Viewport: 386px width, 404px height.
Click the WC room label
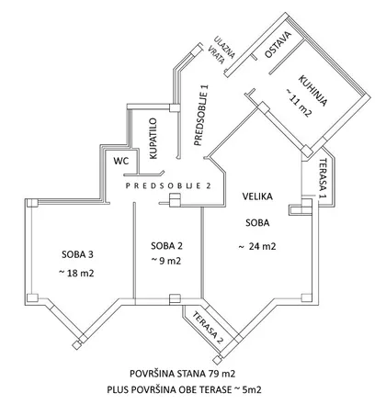tap(121, 161)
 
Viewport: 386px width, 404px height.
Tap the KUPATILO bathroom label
tap(153, 139)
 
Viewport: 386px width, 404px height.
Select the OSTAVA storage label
tap(278, 45)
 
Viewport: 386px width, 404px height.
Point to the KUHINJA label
tap(312, 91)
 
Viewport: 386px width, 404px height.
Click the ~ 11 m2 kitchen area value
tap(299, 103)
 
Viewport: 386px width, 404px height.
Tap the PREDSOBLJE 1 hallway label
tap(201, 116)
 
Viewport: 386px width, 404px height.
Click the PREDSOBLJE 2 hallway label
tap(168, 185)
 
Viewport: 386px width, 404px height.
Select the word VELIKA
tap(257, 196)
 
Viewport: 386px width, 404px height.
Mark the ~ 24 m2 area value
tap(257, 246)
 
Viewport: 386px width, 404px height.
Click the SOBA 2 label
tap(167, 245)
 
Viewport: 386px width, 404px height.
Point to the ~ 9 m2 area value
tap(165, 261)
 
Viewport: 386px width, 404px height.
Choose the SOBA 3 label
tap(77, 254)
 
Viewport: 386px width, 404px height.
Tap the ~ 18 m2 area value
tap(76, 273)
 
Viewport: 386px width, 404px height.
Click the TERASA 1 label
tap(323, 178)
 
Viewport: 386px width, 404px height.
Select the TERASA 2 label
tap(208, 328)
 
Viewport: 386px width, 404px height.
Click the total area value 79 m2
tap(221, 374)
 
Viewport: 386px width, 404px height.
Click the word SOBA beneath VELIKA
tap(257, 223)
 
